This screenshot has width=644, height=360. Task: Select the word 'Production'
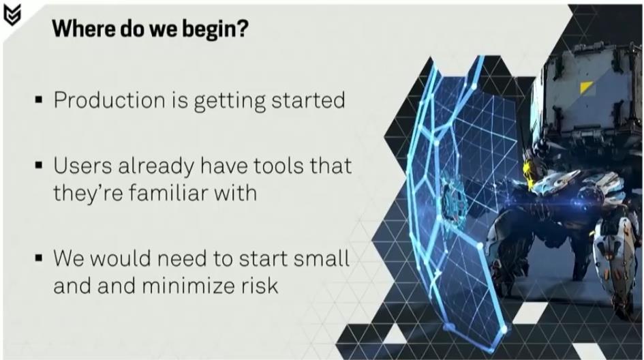pos(110,100)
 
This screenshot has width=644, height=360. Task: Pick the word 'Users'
pos(82,166)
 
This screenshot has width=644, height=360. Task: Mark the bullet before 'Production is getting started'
pos(39,100)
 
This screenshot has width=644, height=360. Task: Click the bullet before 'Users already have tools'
pos(39,165)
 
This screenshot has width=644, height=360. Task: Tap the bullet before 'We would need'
pos(39,258)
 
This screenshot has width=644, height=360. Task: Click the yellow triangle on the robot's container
pos(585,87)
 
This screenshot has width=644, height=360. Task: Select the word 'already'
pos(156,167)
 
